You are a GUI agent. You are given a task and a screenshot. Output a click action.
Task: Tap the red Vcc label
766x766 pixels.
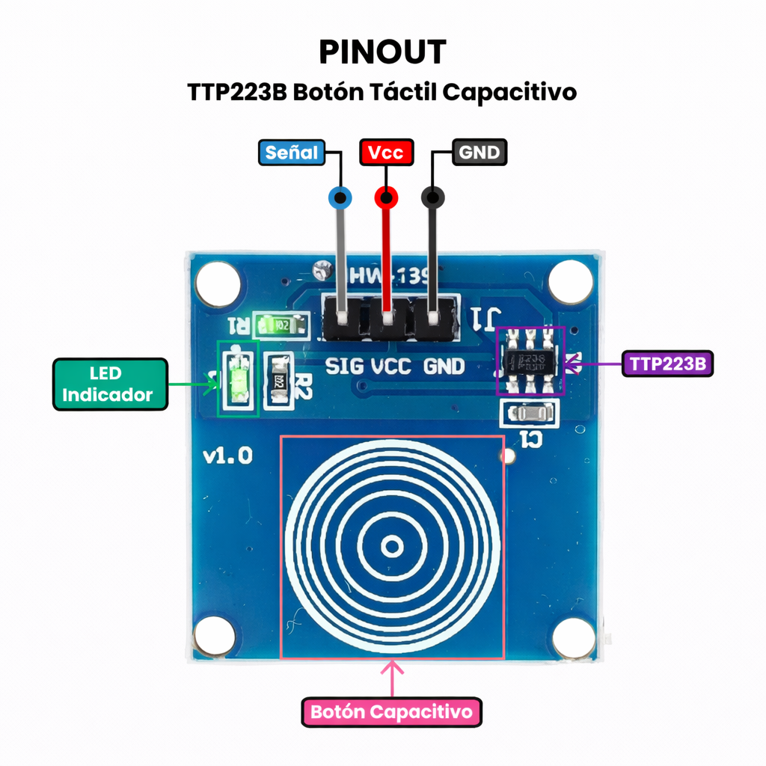(x=386, y=153)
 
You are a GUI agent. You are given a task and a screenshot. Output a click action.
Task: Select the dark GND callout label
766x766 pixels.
(x=479, y=153)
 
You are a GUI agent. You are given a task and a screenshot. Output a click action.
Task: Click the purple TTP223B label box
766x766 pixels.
(x=667, y=364)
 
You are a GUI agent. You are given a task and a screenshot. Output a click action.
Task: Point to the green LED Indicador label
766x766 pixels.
(x=110, y=384)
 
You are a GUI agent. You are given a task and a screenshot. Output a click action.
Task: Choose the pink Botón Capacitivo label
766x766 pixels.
(x=391, y=711)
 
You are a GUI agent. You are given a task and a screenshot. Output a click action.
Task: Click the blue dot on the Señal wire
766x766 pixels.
(x=341, y=198)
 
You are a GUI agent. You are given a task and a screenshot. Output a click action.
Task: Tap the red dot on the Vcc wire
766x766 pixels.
(x=386, y=198)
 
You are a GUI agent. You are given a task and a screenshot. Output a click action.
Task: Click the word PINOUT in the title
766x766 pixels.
(x=382, y=52)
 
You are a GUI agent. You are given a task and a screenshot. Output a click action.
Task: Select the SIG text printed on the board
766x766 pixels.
(x=345, y=367)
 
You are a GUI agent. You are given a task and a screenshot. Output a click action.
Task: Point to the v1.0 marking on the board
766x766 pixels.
(x=228, y=456)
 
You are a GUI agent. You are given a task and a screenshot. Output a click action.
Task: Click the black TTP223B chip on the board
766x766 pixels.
(x=530, y=361)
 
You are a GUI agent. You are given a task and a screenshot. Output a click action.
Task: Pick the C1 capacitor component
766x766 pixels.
(x=530, y=412)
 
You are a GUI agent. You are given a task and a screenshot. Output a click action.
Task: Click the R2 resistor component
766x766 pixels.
(x=280, y=381)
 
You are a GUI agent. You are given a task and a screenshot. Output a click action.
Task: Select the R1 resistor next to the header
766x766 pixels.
(x=280, y=325)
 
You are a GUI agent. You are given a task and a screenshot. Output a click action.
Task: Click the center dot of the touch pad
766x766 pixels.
(x=391, y=547)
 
